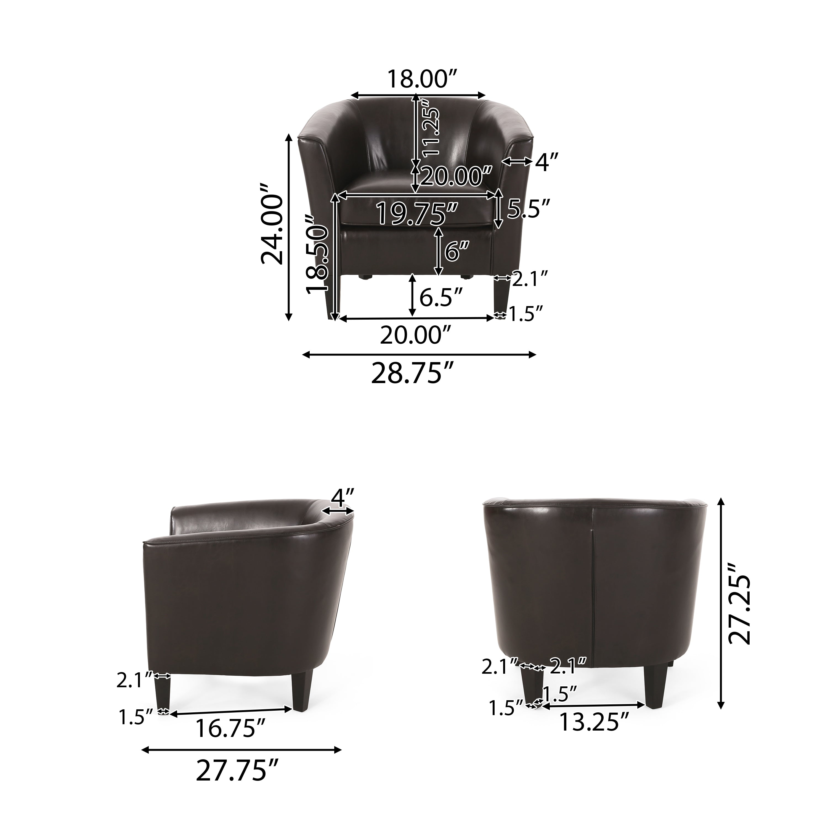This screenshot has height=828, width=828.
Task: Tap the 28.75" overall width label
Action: click(412, 374)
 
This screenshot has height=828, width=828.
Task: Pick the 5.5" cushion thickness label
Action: click(527, 209)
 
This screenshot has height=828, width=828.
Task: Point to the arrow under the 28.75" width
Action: click(419, 354)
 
